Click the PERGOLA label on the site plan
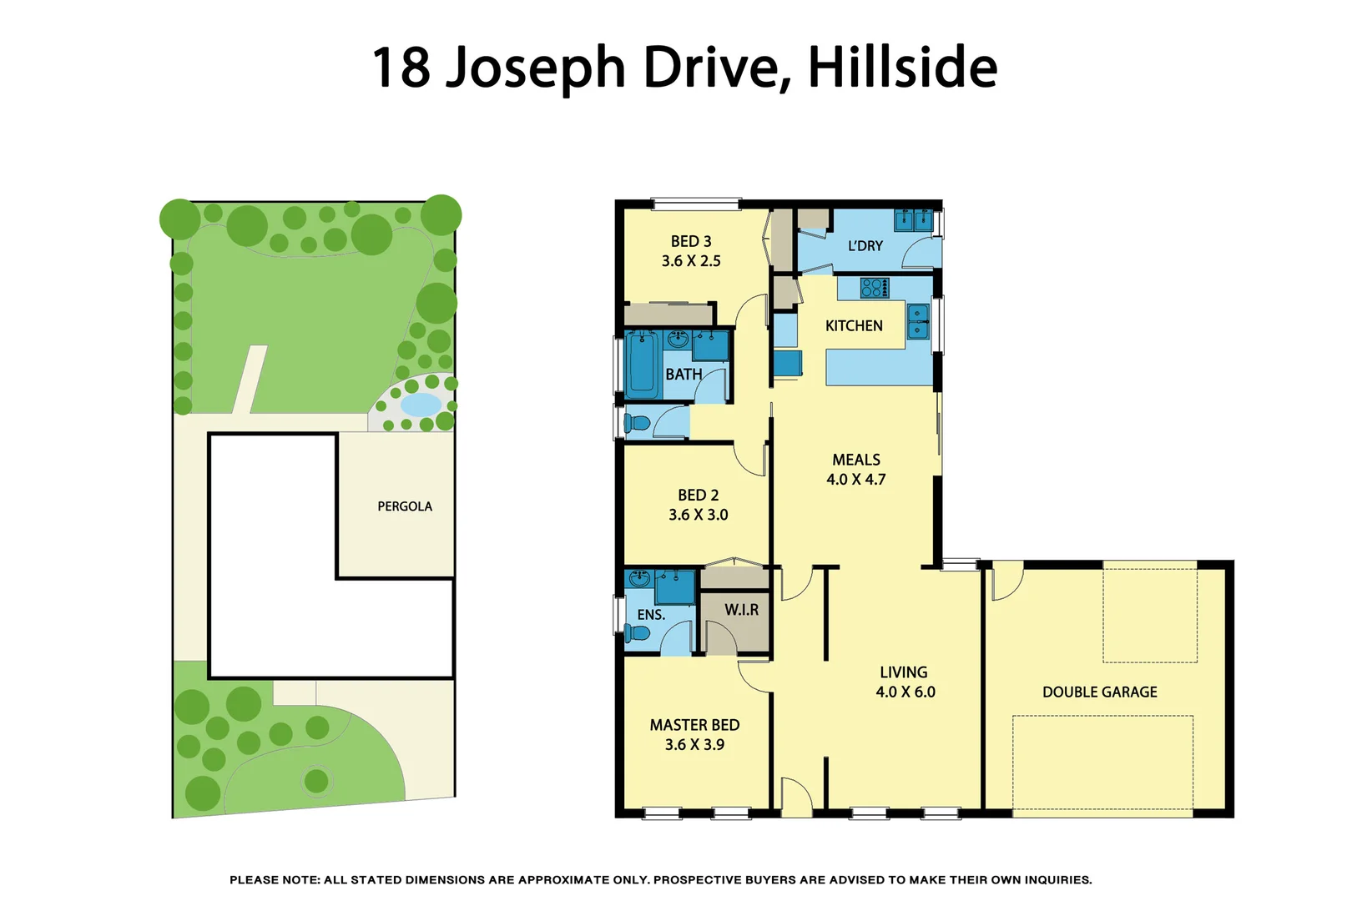click(405, 506)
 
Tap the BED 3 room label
click(691, 241)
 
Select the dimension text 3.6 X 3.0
click(698, 515)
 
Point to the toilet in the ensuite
click(638, 633)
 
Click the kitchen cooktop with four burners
click(874, 288)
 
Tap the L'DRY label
click(865, 246)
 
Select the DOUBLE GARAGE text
click(1099, 692)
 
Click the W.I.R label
click(741, 610)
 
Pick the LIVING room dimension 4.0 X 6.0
click(905, 692)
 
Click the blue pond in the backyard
click(421, 405)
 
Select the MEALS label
click(855, 460)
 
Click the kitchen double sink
click(917, 321)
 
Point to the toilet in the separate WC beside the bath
click(637, 423)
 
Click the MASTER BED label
click(694, 725)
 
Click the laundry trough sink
click(913, 219)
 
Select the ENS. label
click(651, 615)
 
